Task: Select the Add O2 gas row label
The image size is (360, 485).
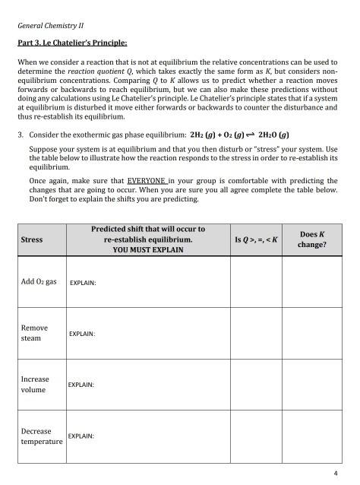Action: (x=38, y=281)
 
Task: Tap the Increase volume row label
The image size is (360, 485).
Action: (x=35, y=385)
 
